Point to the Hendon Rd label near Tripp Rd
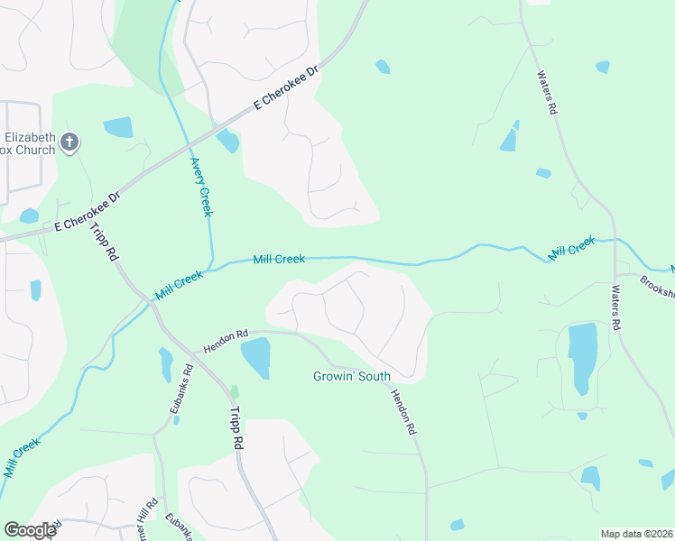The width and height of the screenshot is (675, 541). click(225, 341)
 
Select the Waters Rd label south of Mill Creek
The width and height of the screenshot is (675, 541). click(616, 307)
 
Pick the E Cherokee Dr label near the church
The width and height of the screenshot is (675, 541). click(87, 212)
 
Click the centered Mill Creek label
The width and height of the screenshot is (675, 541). click(278, 260)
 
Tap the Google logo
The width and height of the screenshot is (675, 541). click(29, 530)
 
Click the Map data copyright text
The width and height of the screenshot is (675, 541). click(635, 534)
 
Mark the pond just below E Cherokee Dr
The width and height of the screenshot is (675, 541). click(227, 141)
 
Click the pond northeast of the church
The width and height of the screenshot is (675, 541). click(118, 127)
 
